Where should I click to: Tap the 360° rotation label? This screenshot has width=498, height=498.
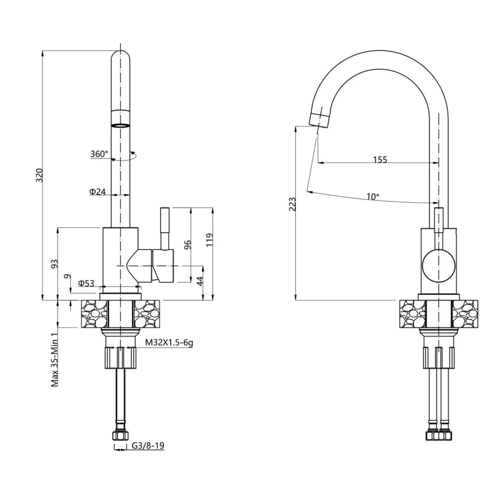pos(99,154)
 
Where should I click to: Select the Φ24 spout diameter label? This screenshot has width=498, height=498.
pos(97,191)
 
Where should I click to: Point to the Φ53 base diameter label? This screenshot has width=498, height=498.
pos(86,283)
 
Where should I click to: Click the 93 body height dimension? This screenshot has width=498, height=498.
pos(54,263)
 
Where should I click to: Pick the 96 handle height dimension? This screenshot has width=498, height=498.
pos(188,244)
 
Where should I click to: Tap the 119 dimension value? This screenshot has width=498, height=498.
pos(210,240)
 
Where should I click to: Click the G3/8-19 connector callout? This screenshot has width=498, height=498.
pos(148,446)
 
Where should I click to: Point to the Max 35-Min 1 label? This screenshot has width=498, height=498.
pos(55,358)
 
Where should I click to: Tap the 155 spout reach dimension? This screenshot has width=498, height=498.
pos(380,160)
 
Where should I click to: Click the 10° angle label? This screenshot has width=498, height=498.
pos(373,196)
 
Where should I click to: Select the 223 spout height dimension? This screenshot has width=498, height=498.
pos(293,204)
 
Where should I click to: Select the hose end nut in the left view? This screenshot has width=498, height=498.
pos(121,436)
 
